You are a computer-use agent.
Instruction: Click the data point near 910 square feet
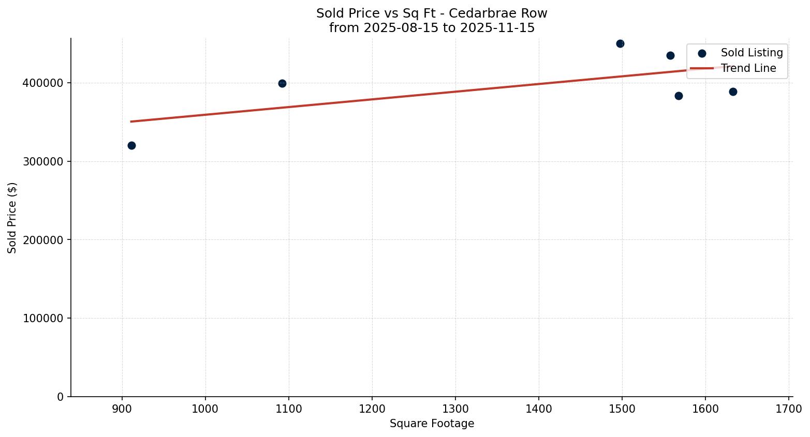coord(131,145)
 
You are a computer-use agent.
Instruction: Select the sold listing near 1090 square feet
coord(282,83)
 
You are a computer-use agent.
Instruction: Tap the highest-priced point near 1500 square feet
coord(620,43)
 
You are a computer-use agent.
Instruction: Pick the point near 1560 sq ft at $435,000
coord(670,55)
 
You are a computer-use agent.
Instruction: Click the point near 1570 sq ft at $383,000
coord(679,96)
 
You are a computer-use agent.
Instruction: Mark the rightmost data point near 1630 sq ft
coord(733,92)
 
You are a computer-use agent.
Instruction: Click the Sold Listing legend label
coord(752,53)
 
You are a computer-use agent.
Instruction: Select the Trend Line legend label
coord(748,68)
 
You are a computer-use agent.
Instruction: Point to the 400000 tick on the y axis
coord(43,83)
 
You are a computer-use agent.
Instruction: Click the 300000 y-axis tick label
coord(43,161)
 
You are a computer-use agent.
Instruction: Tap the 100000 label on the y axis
coord(43,319)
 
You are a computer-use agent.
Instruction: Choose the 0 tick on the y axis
coord(61,397)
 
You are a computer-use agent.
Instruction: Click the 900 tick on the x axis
coord(122,408)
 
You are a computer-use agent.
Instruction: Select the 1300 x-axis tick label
coord(455,408)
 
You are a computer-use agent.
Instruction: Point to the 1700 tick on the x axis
coord(789,408)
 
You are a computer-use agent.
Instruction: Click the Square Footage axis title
coord(432,424)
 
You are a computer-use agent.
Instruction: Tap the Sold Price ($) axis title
coord(12,218)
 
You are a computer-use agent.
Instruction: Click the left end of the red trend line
coord(131,122)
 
